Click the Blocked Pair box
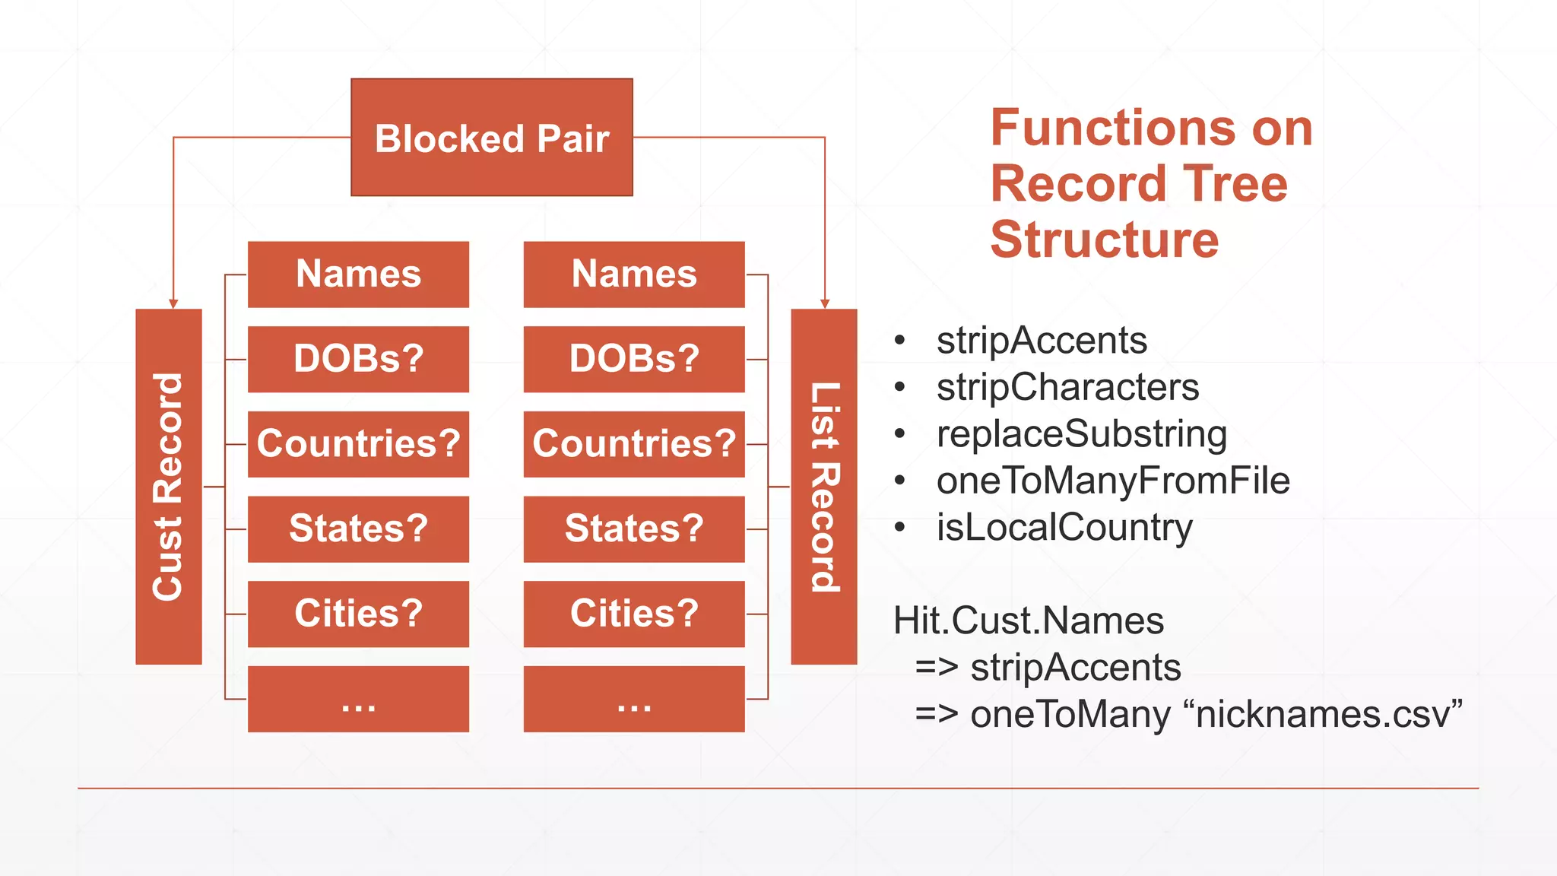[492, 138]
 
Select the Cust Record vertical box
[169, 487]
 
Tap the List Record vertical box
[824, 487]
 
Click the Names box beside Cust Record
[358, 275]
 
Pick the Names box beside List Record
[634, 275]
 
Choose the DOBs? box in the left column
[358, 359]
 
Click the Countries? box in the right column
[634, 444]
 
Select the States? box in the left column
[358, 529]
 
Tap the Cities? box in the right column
[634, 614]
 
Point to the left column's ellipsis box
[358, 699]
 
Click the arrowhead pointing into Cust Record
[173, 303]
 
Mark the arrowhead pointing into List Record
[825, 303]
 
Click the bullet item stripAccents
[1041, 340]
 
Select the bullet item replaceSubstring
[1081, 433]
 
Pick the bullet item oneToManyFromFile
[1113, 481]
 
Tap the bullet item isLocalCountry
[1064, 528]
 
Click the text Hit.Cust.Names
[1028, 620]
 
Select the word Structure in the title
[1104, 240]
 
